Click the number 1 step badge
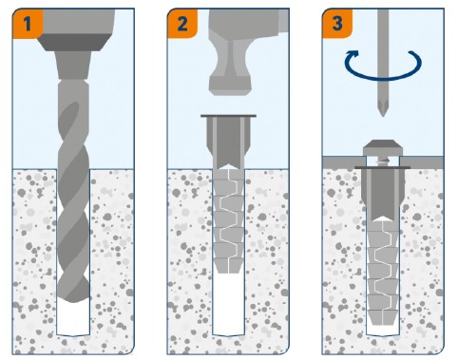[x=28, y=24]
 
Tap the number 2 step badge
[x=182, y=24]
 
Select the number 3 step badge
[x=337, y=24]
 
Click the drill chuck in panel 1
[x=73, y=65]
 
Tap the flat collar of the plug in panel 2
[x=228, y=116]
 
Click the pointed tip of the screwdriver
[x=383, y=115]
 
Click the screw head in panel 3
[x=383, y=146]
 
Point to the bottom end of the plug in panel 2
[x=228, y=272]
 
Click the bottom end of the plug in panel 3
[x=383, y=323]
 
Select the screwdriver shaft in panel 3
[x=383, y=54]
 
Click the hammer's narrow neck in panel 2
[x=230, y=60]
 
